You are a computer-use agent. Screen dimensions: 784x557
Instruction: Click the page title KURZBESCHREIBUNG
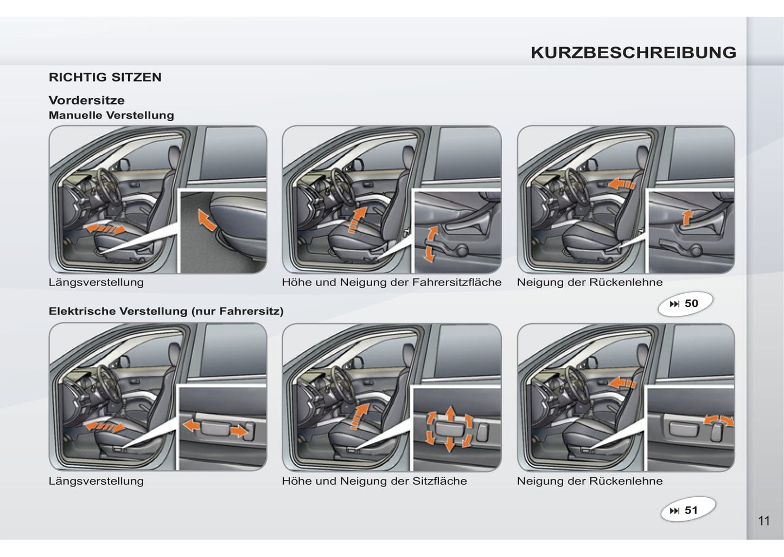pyautogui.click(x=634, y=53)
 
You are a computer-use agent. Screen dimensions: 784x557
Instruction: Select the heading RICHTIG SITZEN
pyautogui.click(x=105, y=77)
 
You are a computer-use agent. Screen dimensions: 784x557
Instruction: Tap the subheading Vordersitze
pyautogui.click(x=86, y=100)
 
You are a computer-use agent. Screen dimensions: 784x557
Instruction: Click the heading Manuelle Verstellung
pyautogui.click(x=111, y=115)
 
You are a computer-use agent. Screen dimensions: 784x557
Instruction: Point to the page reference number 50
pyautogui.click(x=691, y=303)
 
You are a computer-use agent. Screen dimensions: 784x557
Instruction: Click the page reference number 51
pyautogui.click(x=691, y=510)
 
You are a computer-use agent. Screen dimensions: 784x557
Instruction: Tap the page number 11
pyautogui.click(x=764, y=521)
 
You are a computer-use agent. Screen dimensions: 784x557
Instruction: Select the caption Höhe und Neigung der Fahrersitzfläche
pyautogui.click(x=392, y=282)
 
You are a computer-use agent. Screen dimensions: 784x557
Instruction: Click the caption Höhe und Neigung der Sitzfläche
pyautogui.click(x=374, y=481)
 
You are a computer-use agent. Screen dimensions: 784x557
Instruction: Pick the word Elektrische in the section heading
pyautogui.click(x=84, y=311)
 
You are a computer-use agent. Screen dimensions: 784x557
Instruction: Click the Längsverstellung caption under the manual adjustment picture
pyautogui.click(x=96, y=282)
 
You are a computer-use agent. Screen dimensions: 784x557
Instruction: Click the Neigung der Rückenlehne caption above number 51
pyautogui.click(x=590, y=481)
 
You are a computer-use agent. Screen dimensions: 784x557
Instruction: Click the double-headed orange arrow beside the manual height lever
pyautogui.click(x=430, y=244)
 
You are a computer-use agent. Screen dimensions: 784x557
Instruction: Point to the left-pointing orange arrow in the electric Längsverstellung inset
pyautogui.click(x=192, y=426)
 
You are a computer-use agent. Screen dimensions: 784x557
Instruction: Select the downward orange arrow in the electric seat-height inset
pyautogui.click(x=450, y=445)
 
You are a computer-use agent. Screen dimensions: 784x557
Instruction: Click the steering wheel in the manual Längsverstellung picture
pyautogui.click(x=109, y=187)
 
